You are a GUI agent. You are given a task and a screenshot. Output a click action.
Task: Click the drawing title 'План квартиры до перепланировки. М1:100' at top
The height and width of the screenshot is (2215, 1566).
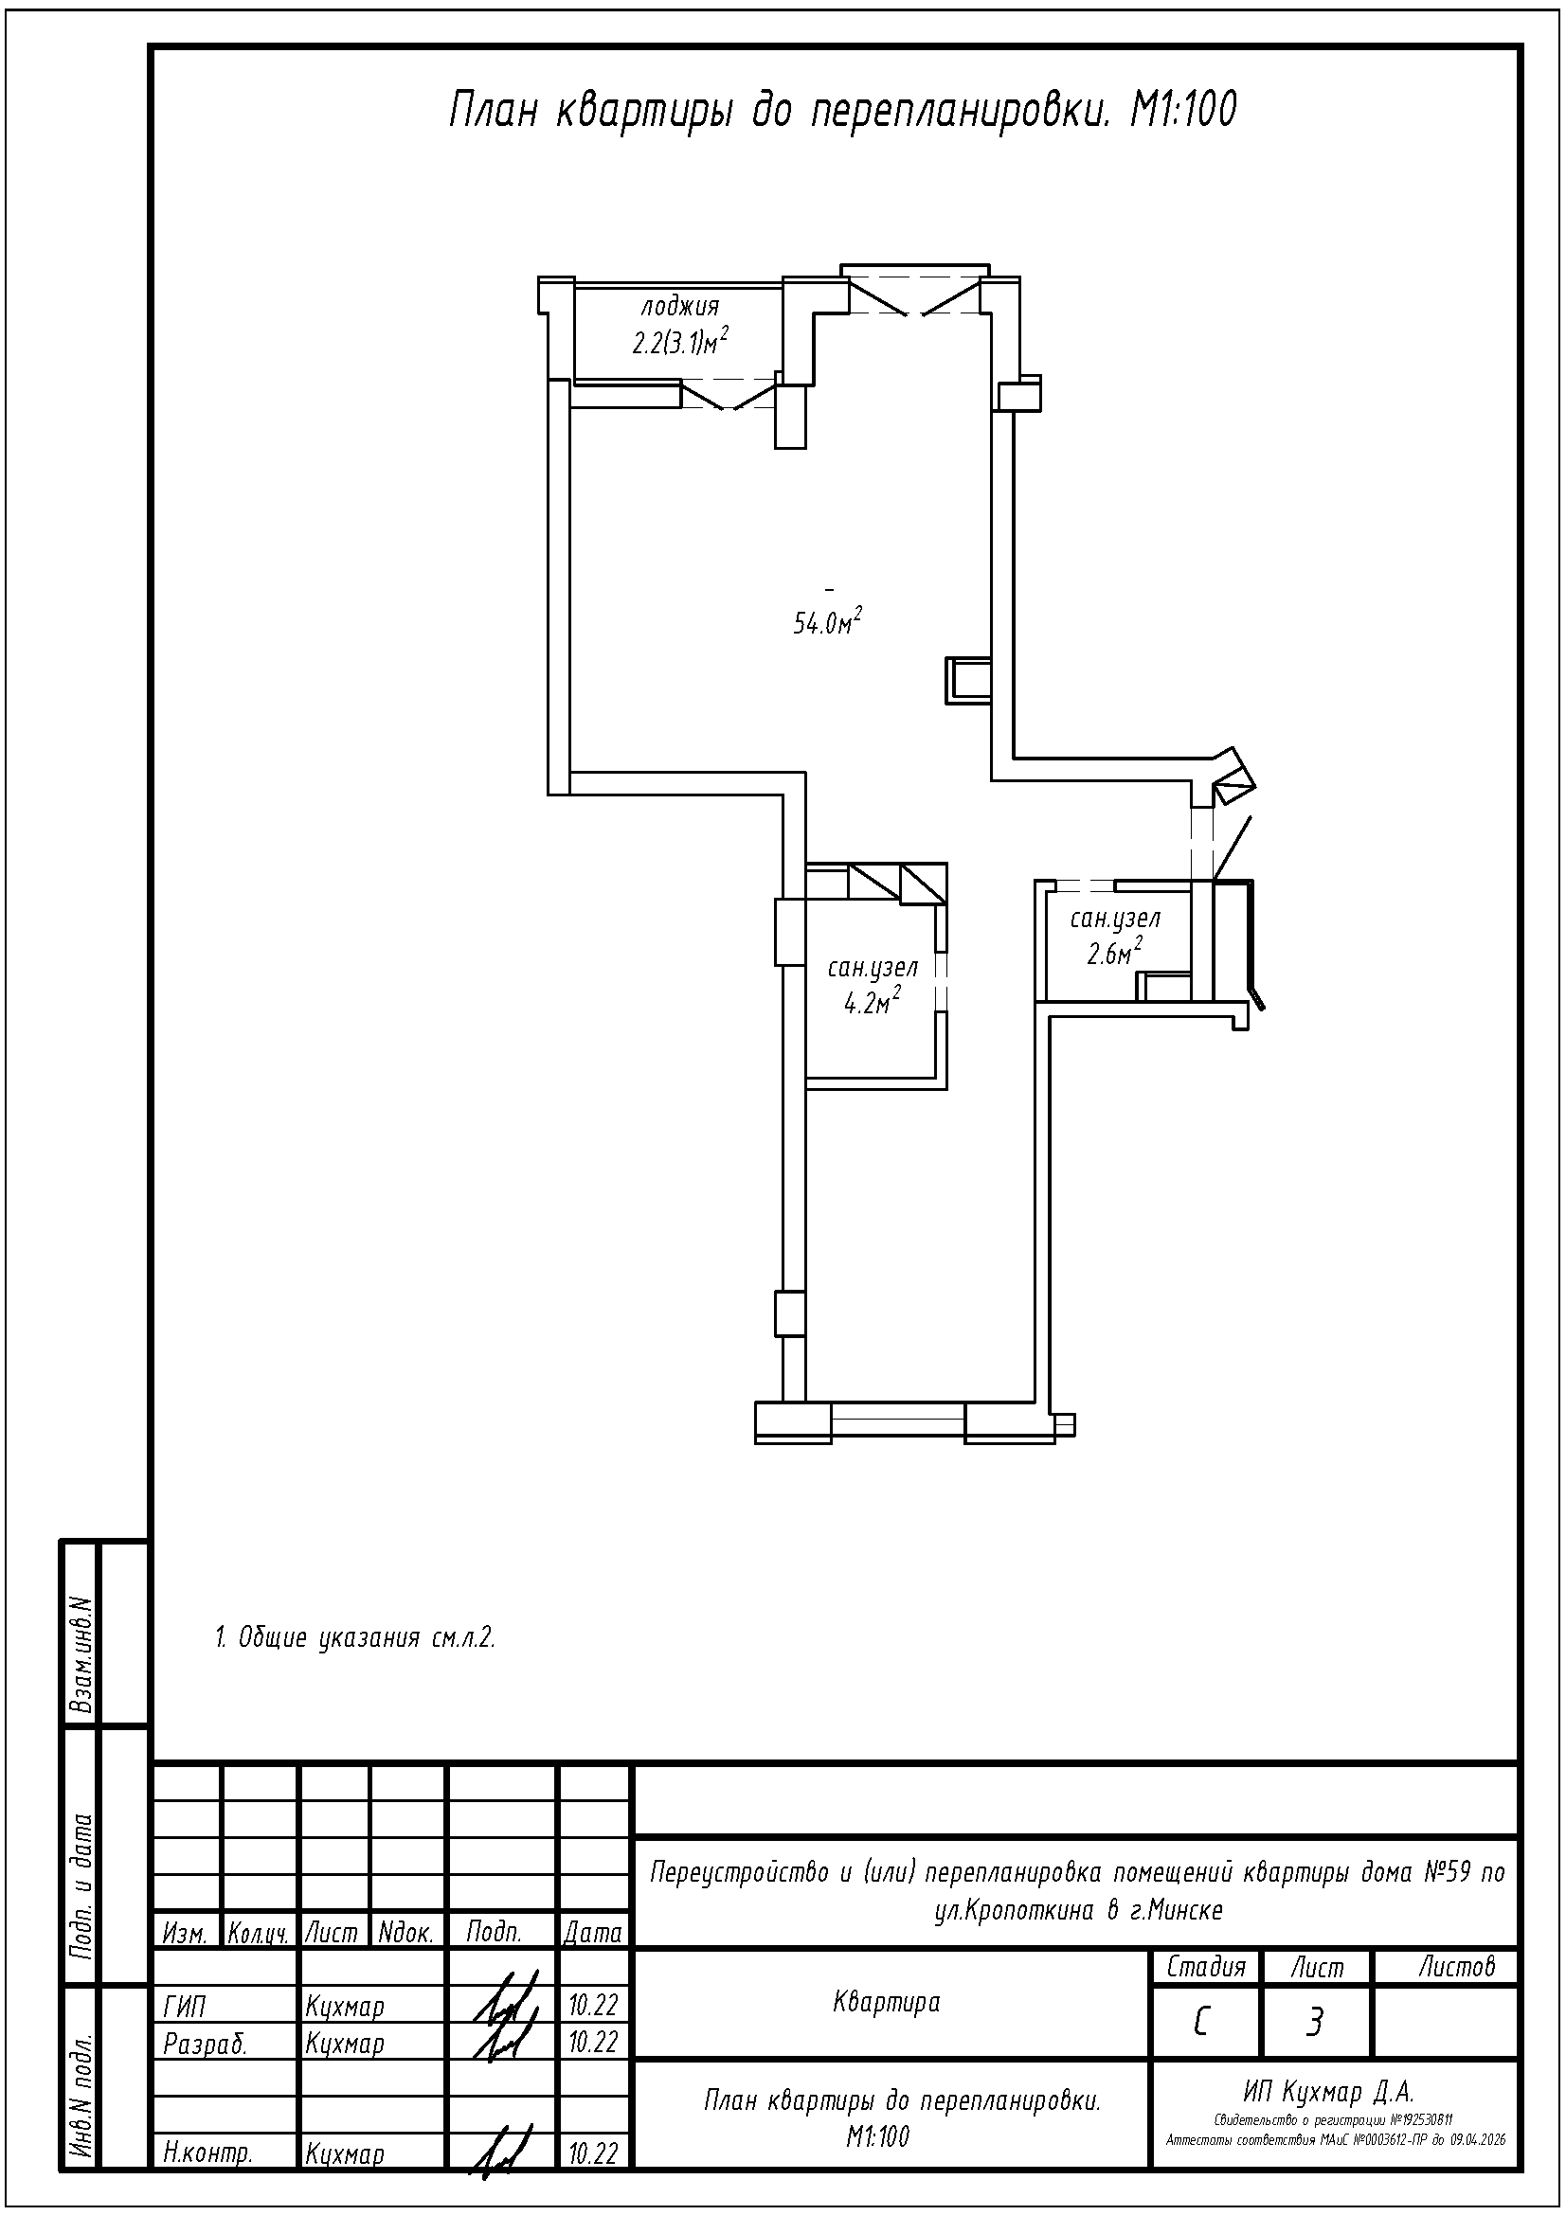point(842,111)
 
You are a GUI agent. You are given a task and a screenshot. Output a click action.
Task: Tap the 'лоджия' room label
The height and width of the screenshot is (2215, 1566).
point(680,309)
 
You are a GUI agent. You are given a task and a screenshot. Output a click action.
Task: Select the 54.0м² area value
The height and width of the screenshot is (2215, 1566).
point(827,621)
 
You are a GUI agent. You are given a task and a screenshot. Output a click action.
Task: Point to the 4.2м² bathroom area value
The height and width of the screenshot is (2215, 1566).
point(873,1002)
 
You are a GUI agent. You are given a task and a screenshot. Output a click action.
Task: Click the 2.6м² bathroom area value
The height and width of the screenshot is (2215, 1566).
point(1114,951)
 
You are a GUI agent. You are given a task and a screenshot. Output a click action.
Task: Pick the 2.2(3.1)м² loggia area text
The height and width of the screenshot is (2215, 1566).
point(679,342)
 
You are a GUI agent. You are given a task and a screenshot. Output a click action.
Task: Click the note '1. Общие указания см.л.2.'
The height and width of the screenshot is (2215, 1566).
point(354,1638)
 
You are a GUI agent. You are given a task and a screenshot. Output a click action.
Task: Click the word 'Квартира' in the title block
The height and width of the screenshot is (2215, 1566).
point(886,2002)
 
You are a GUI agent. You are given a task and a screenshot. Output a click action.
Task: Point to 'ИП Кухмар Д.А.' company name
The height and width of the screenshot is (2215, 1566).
point(1328,2092)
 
